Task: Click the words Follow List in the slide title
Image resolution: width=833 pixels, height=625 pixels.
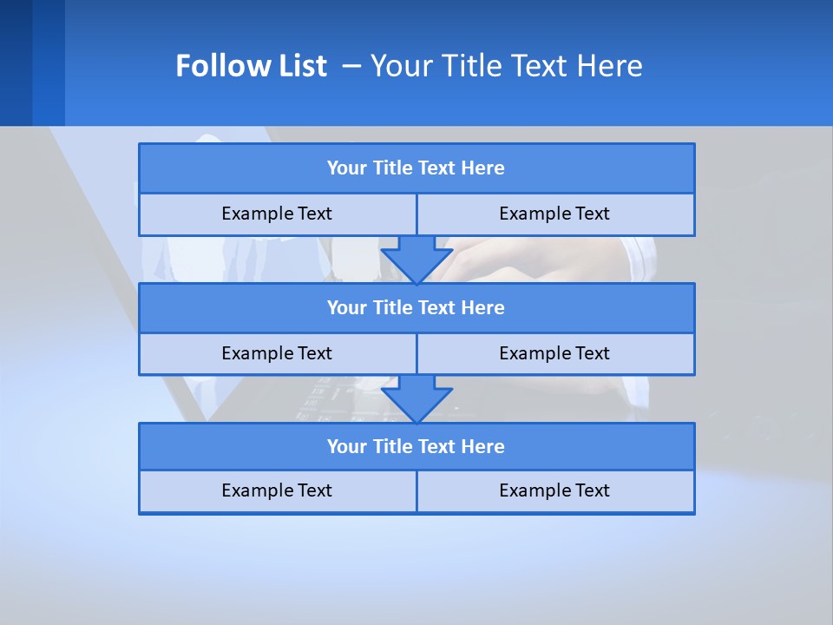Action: tap(251, 66)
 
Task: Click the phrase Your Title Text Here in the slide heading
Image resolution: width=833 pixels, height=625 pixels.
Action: tap(506, 66)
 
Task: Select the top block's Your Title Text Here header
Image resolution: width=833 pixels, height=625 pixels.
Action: tap(416, 168)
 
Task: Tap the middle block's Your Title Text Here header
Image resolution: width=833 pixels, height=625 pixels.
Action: tap(416, 308)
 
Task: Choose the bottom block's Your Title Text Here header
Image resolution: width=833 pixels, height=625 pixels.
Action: tap(416, 447)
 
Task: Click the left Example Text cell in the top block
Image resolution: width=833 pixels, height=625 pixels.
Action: tap(277, 214)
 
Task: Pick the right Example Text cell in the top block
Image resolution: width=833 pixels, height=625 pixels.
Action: tap(554, 214)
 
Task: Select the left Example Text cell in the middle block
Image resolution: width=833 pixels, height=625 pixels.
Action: tap(277, 354)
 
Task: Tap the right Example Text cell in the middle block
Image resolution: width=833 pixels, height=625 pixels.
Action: tap(554, 354)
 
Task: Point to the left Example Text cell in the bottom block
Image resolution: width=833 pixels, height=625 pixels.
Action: tap(277, 491)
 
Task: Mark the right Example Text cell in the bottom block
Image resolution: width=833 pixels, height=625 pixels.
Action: tap(554, 491)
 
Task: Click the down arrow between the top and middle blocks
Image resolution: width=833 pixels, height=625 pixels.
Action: tap(416, 259)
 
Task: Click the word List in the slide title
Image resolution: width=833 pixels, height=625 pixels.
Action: tap(301, 66)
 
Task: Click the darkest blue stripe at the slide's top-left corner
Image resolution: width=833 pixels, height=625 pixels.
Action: tap(16, 62)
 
